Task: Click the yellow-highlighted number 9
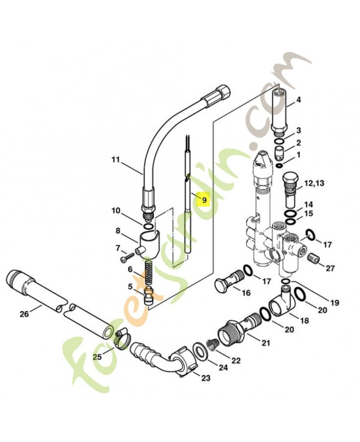pyautogui.click(x=203, y=200)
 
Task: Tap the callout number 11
pyautogui.click(x=115, y=160)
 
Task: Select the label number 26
pyautogui.click(x=24, y=314)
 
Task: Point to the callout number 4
pyautogui.click(x=299, y=100)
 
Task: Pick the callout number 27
pyautogui.click(x=330, y=269)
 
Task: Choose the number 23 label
pyautogui.click(x=205, y=378)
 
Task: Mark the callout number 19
pyautogui.click(x=334, y=302)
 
